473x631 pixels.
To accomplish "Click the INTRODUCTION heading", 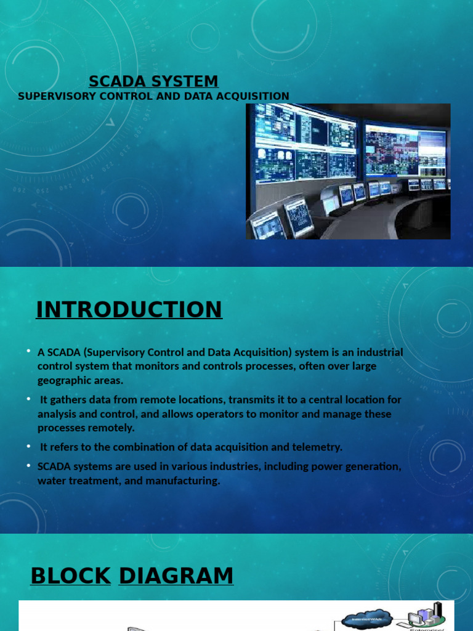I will tap(129, 309).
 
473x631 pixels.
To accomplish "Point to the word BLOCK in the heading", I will tap(71, 576).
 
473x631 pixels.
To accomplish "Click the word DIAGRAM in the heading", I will tap(176, 576).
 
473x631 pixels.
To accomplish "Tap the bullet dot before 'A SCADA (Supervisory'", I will tap(28, 351).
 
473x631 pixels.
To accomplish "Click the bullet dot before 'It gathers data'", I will tap(28, 399).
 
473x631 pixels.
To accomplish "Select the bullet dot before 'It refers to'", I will tap(28, 446).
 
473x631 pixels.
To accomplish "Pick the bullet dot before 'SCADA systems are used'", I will tap(28, 466).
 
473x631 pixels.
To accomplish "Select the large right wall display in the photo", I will tap(405, 151).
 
